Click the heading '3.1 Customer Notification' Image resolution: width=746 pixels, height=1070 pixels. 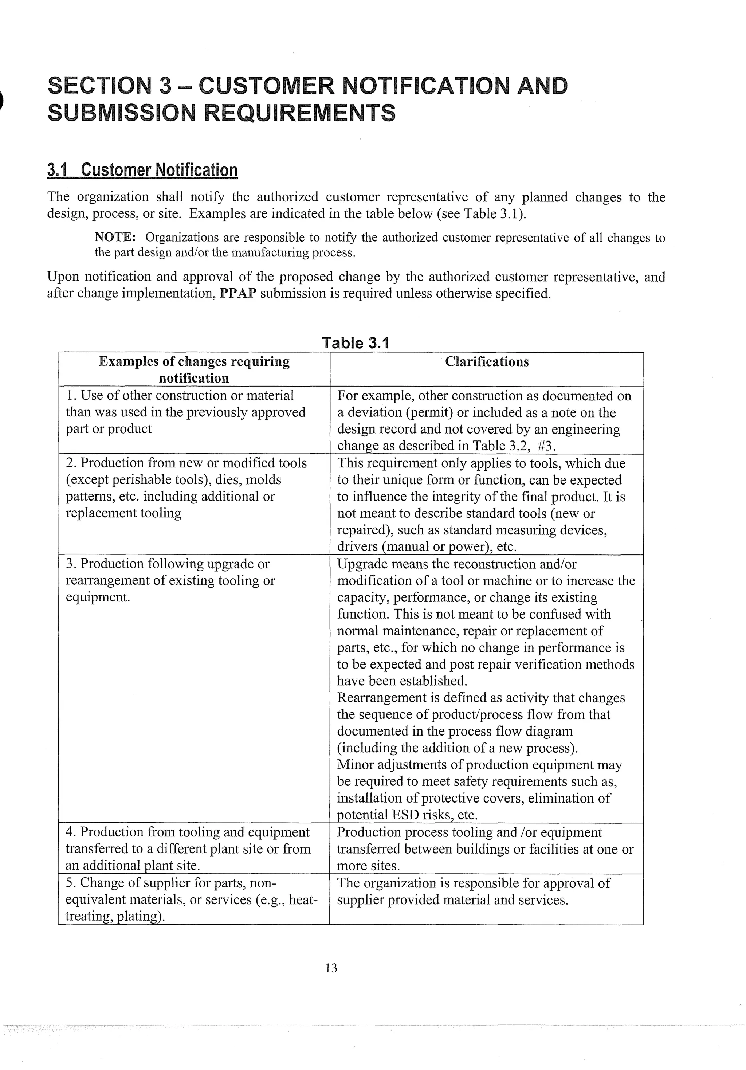point(142,170)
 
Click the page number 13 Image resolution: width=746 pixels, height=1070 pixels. point(331,968)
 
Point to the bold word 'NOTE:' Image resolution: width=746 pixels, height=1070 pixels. point(115,237)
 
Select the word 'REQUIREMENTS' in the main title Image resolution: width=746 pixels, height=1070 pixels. point(300,113)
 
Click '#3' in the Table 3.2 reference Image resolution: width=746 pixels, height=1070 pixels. point(546,446)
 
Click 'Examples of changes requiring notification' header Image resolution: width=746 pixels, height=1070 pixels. point(194,369)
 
